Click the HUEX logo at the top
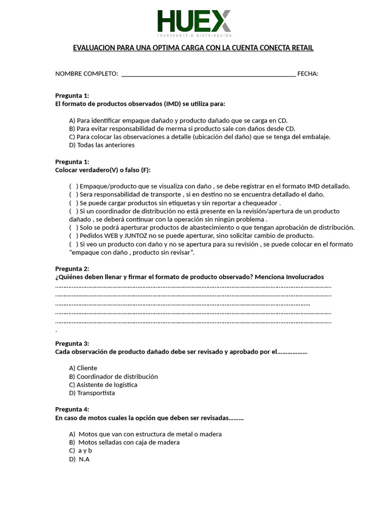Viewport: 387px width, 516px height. pyautogui.click(x=195, y=23)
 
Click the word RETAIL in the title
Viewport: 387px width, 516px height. pyautogui.click(x=302, y=48)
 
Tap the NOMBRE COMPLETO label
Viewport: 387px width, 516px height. pyautogui.click(x=87, y=74)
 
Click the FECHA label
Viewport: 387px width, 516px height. pyautogui.click(x=307, y=74)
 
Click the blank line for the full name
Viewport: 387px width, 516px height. pyautogui.click(x=209, y=75)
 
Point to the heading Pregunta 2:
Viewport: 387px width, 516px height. pyautogui.click(x=72, y=269)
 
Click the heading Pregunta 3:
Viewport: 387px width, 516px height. pyautogui.click(x=72, y=343)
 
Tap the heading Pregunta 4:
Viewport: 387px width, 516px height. pyautogui.click(x=72, y=409)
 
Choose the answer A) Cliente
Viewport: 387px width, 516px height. pyautogui.click(x=84, y=368)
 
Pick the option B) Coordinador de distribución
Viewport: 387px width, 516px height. pyautogui.click(x=114, y=376)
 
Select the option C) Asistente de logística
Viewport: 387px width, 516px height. pyautogui.click(x=103, y=384)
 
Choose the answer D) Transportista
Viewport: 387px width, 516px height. pyautogui.click(x=92, y=393)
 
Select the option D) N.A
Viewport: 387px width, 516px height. pyautogui.click(x=80, y=459)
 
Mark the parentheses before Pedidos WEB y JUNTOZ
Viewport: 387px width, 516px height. pyautogui.click(x=74, y=236)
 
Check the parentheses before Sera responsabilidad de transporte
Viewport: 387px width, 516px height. pyautogui.click(x=74, y=195)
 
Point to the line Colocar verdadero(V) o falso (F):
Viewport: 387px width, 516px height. pyautogui.click(x=103, y=170)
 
